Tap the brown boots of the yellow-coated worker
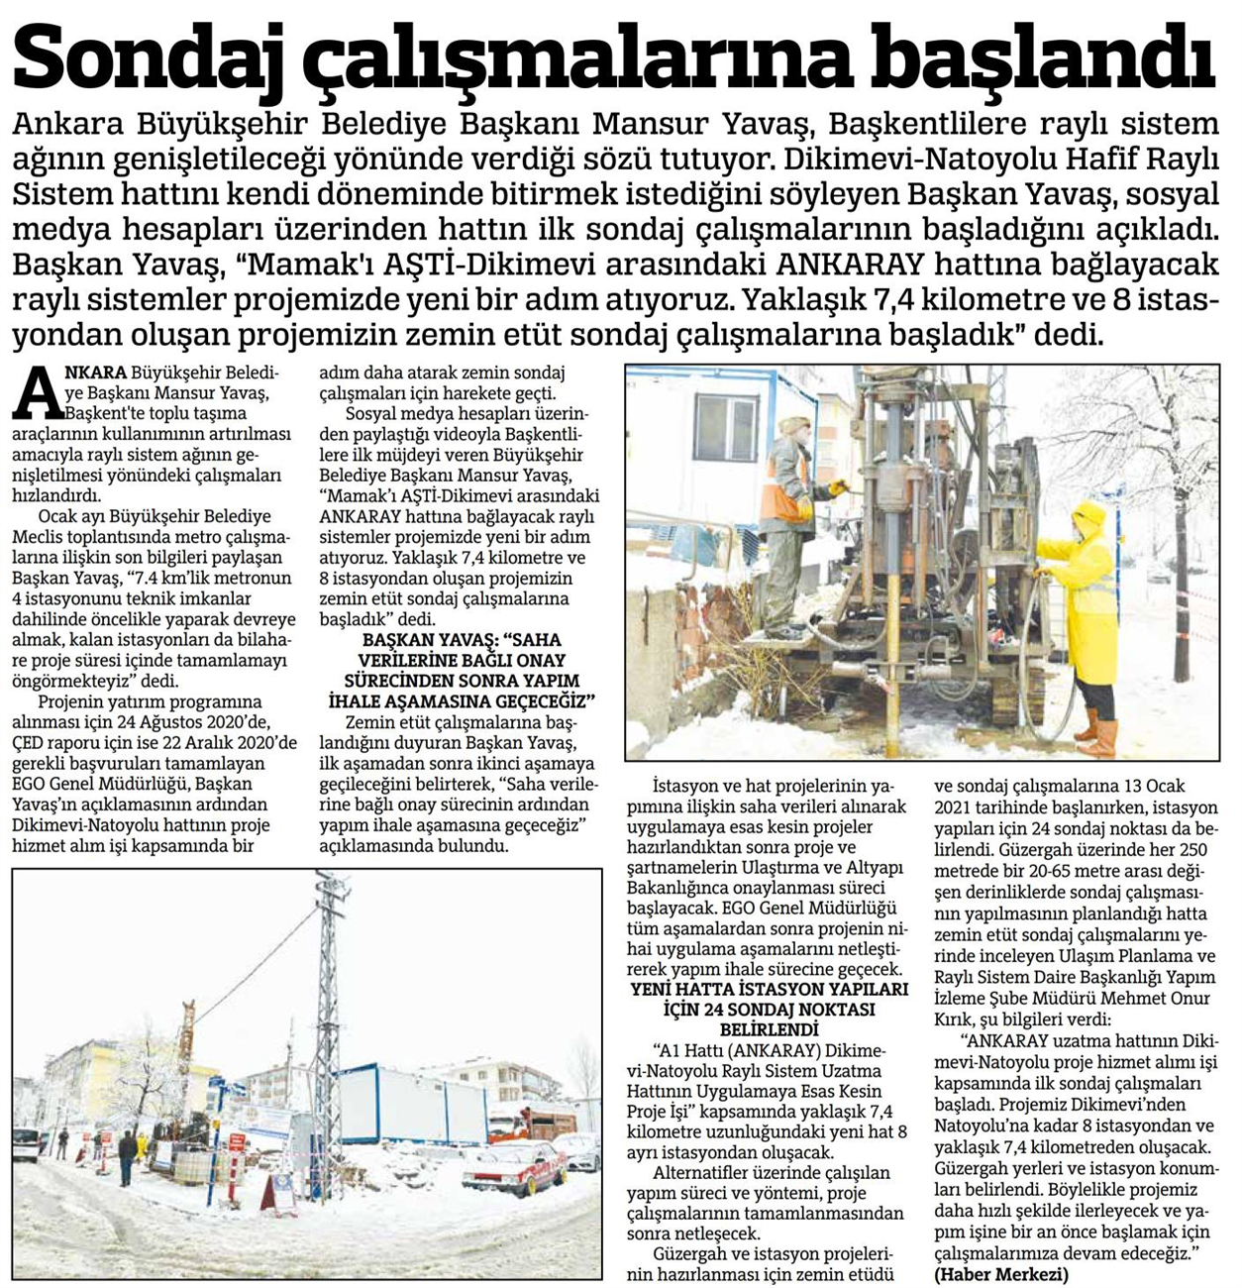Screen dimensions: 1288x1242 point(1097,733)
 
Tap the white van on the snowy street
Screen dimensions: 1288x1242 point(26,1143)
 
